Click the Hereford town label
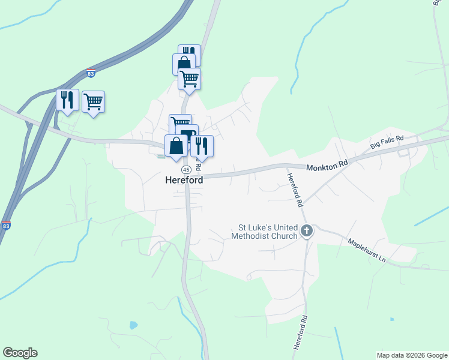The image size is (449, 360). click(184, 180)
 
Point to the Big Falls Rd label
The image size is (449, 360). click(387, 142)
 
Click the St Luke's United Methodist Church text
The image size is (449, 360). click(268, 232)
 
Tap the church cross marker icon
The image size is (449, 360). click(307, 230)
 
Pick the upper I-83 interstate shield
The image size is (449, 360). click(91, 73)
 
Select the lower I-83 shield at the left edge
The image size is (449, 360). click(5, 226)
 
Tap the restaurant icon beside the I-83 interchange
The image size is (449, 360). click(67, 100)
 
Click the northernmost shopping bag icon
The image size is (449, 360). click(184, 64)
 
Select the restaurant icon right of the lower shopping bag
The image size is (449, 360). click(202, 146)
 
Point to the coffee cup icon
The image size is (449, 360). click(188, 134)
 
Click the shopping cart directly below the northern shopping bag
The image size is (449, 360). click(190, 79)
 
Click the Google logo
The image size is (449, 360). click(20, 353)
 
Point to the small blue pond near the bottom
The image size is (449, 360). click(133, 325)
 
